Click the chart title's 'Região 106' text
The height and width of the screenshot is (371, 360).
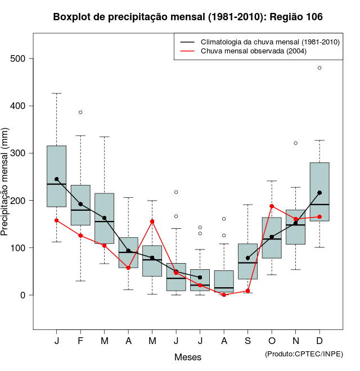(296, 17)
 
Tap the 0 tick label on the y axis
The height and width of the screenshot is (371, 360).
(23, 295)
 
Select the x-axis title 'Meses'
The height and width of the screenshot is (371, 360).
(188, 358)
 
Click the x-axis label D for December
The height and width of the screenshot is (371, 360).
(319, 341)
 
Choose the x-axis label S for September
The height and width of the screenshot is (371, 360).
(247, 341)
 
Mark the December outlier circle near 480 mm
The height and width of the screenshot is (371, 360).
(319, 67)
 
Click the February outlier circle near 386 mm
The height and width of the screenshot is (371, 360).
(80, 112)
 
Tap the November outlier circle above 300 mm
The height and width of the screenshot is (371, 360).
(295, 143)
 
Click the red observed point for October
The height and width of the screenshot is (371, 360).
(272, 206)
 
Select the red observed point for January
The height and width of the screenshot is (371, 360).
(56, 220)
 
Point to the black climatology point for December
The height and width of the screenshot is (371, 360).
(319, 192)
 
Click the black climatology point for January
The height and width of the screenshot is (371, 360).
(56, 179)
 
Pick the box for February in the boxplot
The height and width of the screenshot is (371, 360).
(80, 205)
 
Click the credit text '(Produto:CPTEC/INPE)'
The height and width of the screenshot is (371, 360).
(304, 354)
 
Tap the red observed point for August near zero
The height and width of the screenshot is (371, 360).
(224, 295)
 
